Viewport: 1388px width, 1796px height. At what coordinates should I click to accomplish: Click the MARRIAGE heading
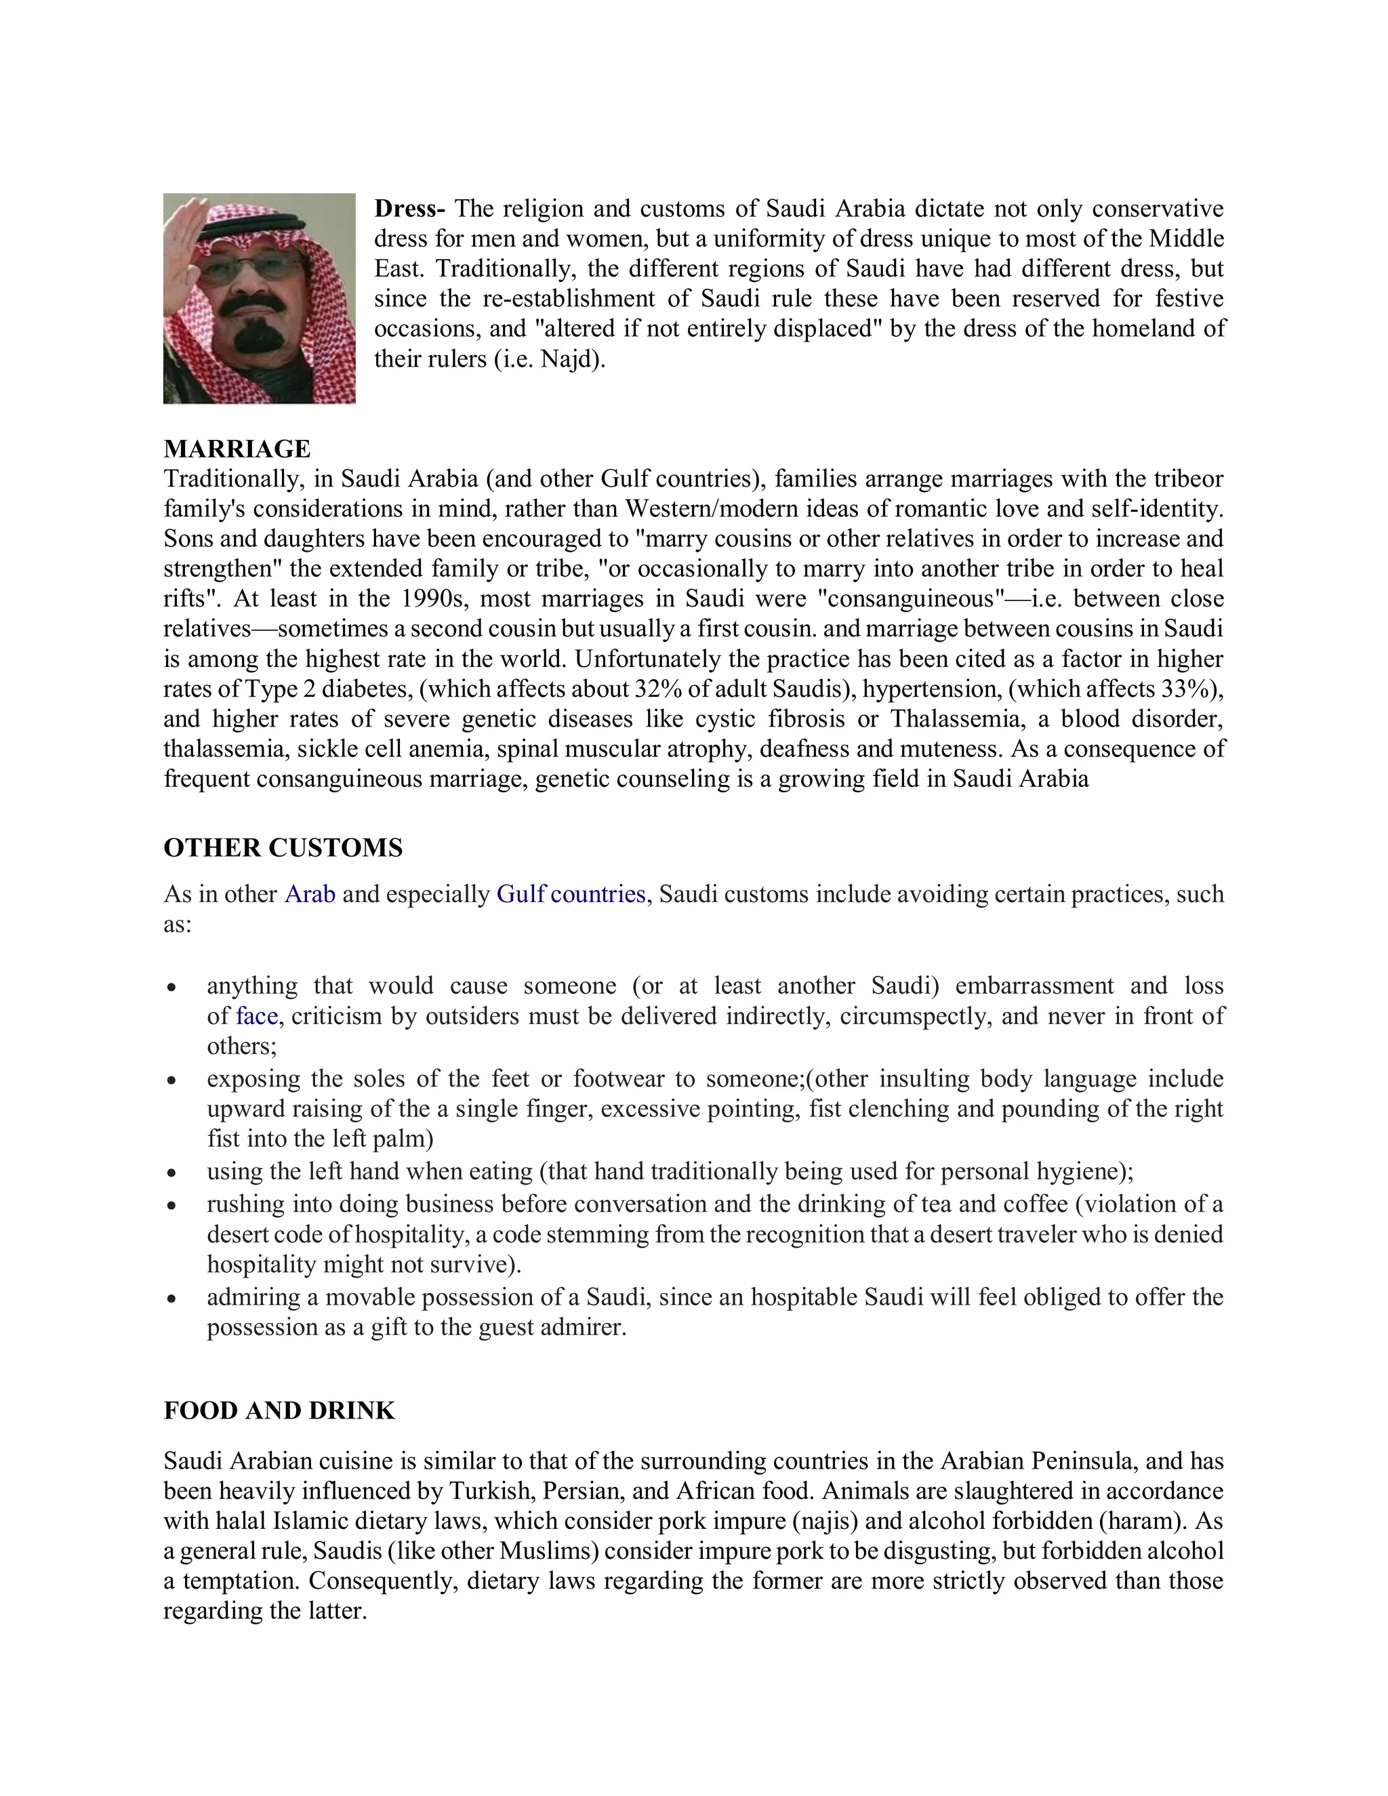[237, 449]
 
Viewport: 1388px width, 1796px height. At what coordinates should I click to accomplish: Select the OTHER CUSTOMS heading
[283, 848]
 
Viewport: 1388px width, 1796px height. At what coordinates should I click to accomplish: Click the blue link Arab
[310, 894]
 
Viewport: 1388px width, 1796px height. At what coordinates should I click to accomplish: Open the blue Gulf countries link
[571, 894]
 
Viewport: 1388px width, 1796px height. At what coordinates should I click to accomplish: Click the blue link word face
[257, 1017]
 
